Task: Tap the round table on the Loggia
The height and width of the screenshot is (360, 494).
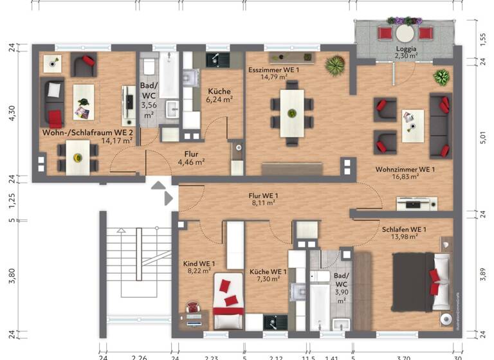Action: point(405,32)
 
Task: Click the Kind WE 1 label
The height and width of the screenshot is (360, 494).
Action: point(199,264)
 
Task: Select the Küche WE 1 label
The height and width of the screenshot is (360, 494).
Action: point(268,271)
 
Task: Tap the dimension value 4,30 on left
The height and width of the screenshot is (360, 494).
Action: point(11,113)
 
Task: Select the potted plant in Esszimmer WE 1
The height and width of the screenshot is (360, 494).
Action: point(334,64)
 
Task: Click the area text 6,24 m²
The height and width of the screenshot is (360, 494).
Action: point(219,99)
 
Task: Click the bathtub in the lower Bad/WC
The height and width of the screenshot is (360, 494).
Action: point(320,305)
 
